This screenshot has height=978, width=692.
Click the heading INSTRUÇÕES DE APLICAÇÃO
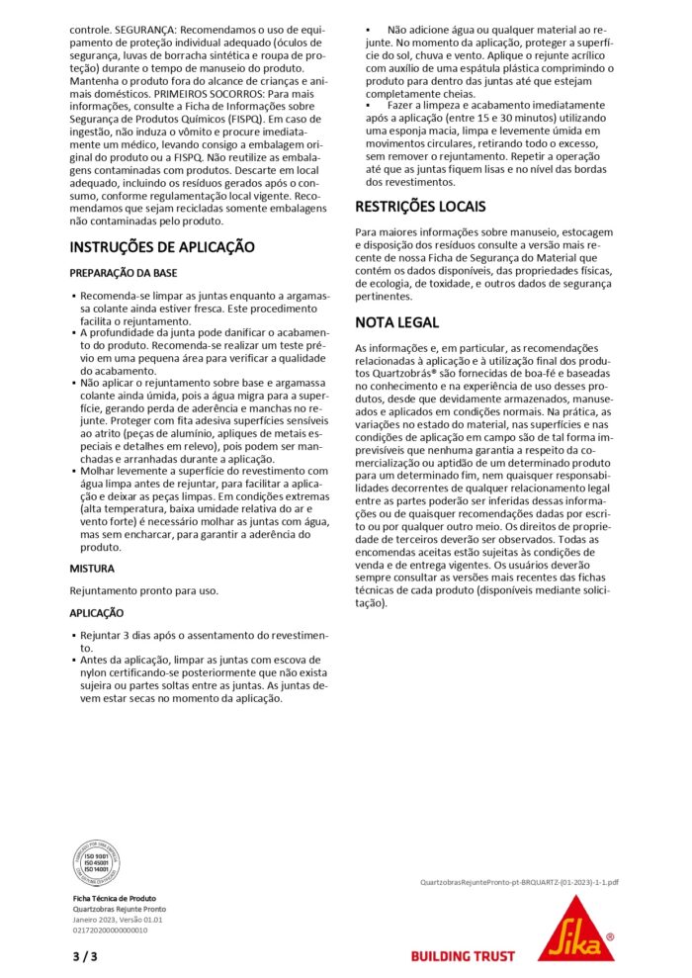(161, 247)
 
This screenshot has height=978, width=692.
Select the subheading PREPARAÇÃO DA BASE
(124, 272)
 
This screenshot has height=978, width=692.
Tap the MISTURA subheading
(92, 569)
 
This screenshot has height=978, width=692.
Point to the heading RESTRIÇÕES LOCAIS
(420, 207)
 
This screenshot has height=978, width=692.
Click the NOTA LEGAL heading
(397, 322)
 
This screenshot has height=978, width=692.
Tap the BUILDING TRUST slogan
(463, 956)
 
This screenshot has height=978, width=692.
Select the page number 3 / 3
(85, 956)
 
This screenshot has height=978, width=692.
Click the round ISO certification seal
(97, 862)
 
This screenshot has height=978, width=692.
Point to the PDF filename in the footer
(519, 880)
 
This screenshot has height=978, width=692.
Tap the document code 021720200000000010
(110, 930)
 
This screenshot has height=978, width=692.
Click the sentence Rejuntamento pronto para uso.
(143, 590)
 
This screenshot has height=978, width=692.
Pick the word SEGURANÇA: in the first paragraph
(153, 30)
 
